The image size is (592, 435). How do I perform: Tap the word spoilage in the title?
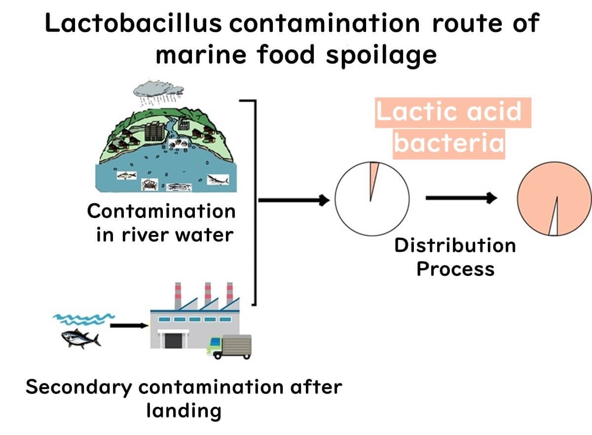point(381,55)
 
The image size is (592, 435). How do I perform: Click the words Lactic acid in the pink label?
point(448,112)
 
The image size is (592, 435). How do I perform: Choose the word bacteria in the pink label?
point(449,143)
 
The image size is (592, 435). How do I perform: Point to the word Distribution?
point(454,245)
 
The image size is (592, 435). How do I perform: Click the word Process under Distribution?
point(455,269)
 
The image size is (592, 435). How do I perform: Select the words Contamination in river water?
point(162,223)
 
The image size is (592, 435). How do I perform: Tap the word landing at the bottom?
point(184,410)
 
